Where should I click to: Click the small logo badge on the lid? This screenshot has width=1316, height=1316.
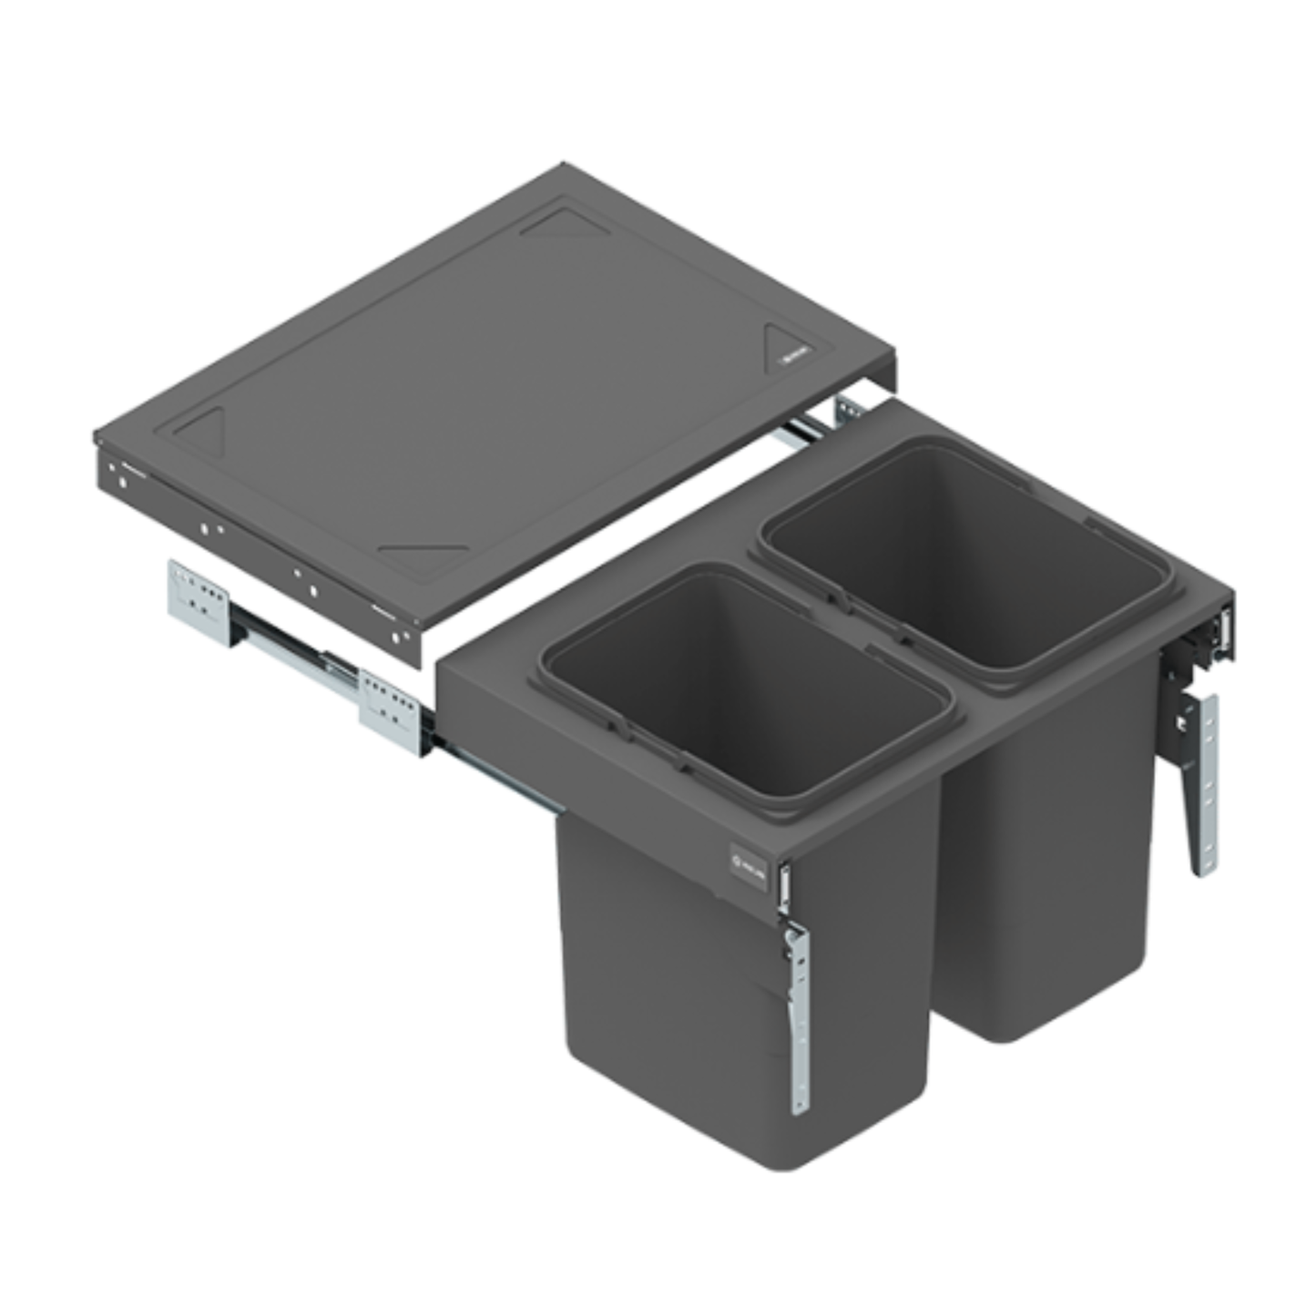tap(793, 358)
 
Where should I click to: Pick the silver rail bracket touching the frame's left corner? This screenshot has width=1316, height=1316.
tap(390, 710)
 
